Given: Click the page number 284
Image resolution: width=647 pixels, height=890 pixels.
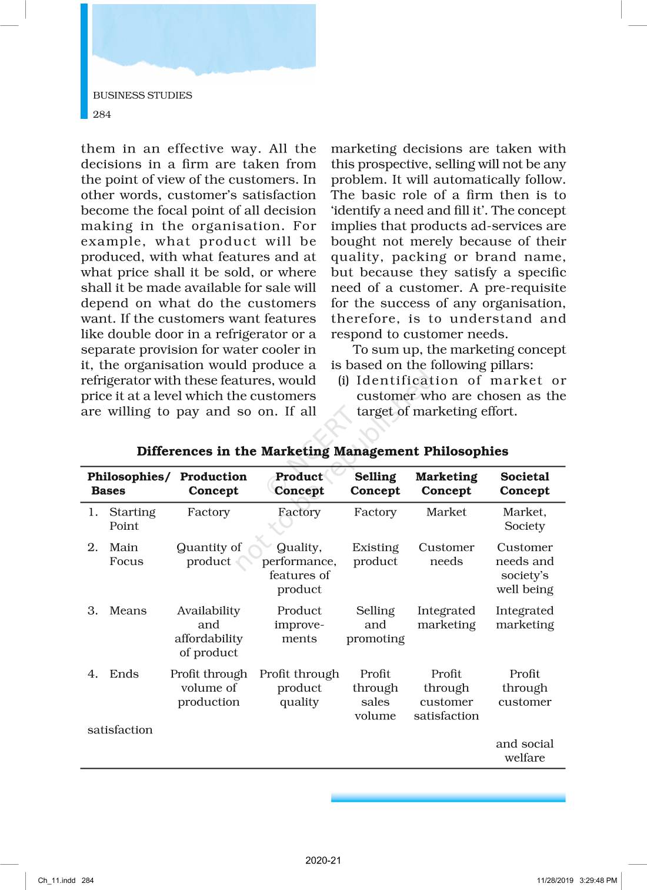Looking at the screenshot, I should [102, 114].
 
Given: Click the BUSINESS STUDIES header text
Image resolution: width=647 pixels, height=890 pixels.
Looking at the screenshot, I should [142, 95].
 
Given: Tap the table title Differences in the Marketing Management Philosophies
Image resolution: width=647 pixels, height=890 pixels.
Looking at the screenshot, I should [322, 451].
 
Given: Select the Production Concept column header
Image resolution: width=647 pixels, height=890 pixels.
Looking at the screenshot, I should [213, 484].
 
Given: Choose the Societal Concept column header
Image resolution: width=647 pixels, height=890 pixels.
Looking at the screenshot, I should [525, 484].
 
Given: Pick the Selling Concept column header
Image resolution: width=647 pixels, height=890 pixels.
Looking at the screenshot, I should [375, 484].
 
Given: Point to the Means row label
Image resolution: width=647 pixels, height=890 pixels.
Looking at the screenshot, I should [128, 611].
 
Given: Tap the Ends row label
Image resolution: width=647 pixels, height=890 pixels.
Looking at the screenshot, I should [124, 674].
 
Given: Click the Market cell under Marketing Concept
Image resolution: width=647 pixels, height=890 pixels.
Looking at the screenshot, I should [446, 512].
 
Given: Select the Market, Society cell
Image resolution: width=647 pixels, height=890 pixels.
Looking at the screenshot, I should [525, 519].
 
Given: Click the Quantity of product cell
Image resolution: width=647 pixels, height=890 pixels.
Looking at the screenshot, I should [209, 554].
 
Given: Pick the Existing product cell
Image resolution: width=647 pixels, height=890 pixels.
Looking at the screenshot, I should [375, 554].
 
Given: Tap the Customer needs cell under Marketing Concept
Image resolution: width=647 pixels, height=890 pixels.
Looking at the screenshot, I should [446, 554].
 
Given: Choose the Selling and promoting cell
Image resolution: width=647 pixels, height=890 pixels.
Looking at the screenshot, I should [375, 625].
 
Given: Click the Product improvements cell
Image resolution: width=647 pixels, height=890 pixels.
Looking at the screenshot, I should [299, 625].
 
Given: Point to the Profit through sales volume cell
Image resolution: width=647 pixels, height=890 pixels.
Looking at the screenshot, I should [375, 695].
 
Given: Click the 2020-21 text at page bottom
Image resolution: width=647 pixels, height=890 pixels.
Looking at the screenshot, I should [323, 860].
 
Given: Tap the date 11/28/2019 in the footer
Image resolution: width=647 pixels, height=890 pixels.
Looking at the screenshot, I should [555, 881].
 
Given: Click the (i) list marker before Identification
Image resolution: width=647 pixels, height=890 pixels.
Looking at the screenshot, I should [343, 381].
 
